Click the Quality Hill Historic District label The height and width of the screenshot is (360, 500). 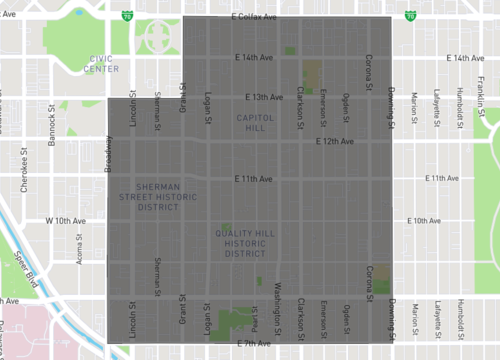[245, 243]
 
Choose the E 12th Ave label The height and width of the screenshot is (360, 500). [334, 141]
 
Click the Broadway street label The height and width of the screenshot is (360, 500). [108, 154]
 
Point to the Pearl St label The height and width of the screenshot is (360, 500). [255, 320]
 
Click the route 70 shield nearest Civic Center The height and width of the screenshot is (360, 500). [126, 16]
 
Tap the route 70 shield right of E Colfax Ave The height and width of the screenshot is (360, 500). [411, 16]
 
